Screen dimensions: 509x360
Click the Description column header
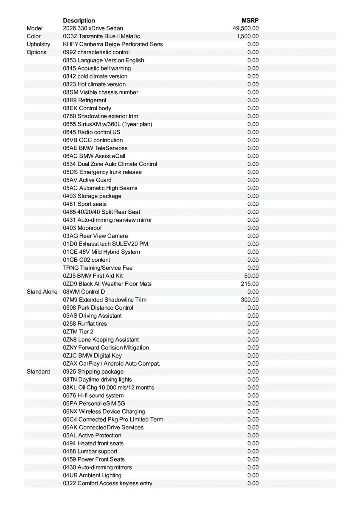[x=79, y=20]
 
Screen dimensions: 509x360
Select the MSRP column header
[x=250, y=20]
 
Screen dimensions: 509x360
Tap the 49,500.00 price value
[x=246, y=28]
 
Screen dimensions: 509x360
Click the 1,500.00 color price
[x=247, y=36]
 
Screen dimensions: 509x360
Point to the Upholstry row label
[x=38, y=44]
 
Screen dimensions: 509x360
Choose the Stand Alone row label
[x=42, y=292]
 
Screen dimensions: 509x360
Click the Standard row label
[x=38, y=372]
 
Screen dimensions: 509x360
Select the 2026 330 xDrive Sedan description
[x=93, y=28]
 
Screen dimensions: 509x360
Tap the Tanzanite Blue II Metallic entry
[x=101, y=36]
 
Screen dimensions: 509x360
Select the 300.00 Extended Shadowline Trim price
[x=250, y=300]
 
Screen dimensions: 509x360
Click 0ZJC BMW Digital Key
[x=92, y=355]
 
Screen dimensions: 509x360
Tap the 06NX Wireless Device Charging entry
[x=104, y=411]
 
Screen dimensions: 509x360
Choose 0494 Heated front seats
[x=93, y=443]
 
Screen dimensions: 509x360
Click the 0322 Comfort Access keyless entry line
[x=108, y=483]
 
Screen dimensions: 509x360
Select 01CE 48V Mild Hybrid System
[x=101, y=252]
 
